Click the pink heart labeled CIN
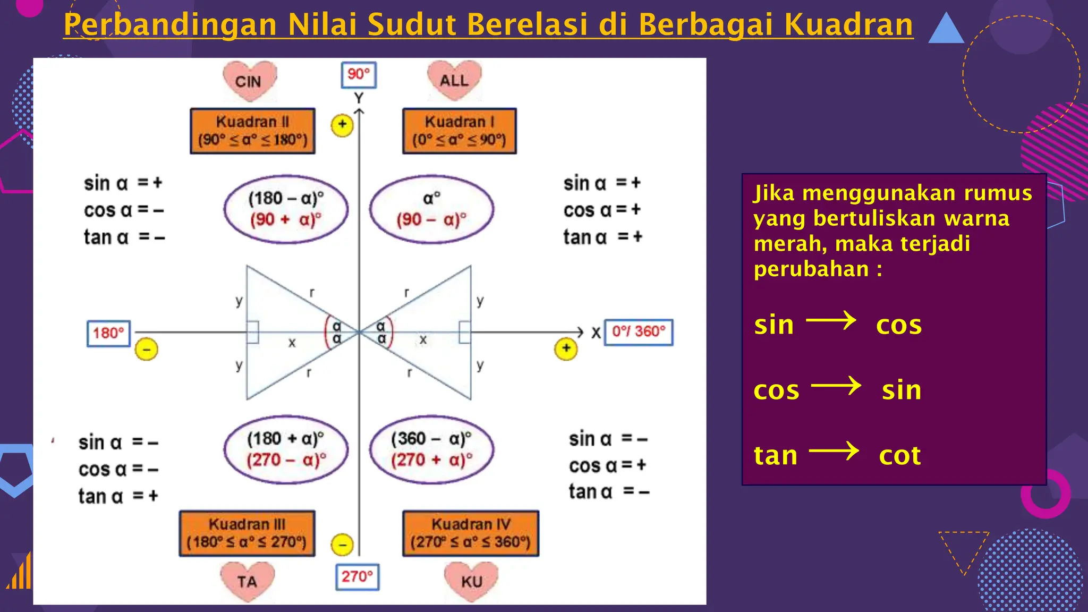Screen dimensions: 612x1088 [x=249, y=81]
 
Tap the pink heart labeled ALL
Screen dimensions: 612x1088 [x=454, y=80]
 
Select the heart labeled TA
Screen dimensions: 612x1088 [x=248, y=581]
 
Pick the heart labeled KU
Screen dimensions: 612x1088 [x=471, y=581]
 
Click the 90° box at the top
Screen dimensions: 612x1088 [x=359, y=74]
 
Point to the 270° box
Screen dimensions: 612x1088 [x=357, y=577]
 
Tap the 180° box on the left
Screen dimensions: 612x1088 [x=108, y=333]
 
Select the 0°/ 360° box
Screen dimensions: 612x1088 [x=639, y=332]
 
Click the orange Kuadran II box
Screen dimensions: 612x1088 [x=253, y=131]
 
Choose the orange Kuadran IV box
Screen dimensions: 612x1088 [x=471, y=533]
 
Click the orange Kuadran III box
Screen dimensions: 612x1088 [x=247, y=533]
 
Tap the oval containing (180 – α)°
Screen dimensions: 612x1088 [x=286, y=209]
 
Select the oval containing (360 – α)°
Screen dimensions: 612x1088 [x=431, y=449]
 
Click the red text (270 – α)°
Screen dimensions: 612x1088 [x=286, y=460]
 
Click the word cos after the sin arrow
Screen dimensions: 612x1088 [x=898, y=325]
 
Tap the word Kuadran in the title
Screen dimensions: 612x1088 [x=848, y=24]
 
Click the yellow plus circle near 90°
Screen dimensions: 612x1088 [x=342, y=125]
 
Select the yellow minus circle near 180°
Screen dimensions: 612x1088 [x=147, y=350]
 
